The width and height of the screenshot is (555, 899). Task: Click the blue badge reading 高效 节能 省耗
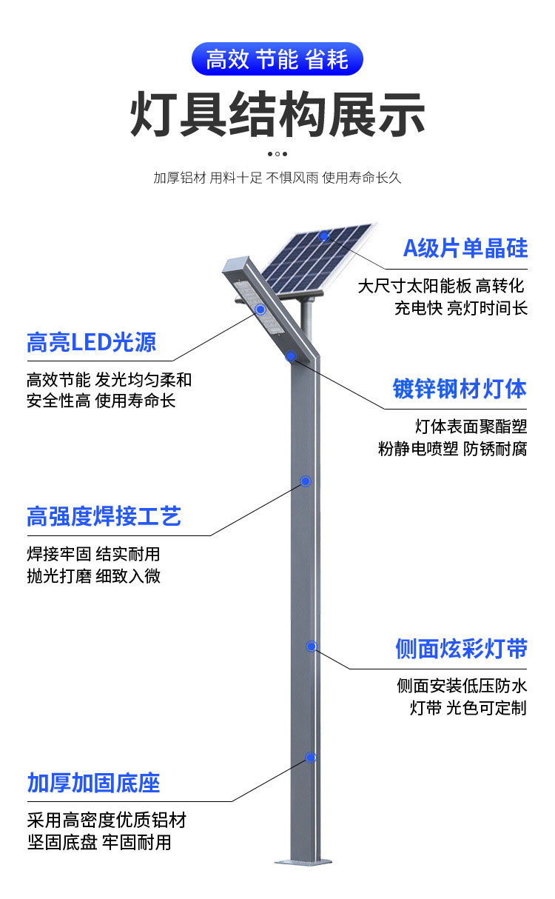pos(277,59)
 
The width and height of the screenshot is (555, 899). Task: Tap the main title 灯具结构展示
pos(277,115)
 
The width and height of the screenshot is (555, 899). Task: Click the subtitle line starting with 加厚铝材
pos(277,178)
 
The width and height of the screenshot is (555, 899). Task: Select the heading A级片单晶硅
pos(465,248)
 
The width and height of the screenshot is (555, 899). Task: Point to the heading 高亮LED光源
pos(91,342)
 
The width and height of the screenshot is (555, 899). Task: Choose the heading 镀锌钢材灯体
pos(460,388)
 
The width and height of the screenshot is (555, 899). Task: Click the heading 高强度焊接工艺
pos(104,516)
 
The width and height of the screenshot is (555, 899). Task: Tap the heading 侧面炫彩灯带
pos(461,649)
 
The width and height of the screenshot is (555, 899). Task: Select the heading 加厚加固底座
pos(93,783)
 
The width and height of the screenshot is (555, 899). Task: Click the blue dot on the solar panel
pos(324,236)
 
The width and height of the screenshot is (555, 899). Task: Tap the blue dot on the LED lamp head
pos(260,310)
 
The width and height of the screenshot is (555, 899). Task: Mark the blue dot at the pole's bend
pos(292,356)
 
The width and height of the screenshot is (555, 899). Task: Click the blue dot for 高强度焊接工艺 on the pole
pos(305,481)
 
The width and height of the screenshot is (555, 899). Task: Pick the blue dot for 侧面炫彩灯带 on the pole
pos(312,646)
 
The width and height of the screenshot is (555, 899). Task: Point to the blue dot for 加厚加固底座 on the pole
pos(311,758)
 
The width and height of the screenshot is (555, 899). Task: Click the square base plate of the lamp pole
pos(305,861)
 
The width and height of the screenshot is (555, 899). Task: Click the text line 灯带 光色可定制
pos(468,708)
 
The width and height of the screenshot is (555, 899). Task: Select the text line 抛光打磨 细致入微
pos(93,575)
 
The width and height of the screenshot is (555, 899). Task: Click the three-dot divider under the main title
pos(277,154)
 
